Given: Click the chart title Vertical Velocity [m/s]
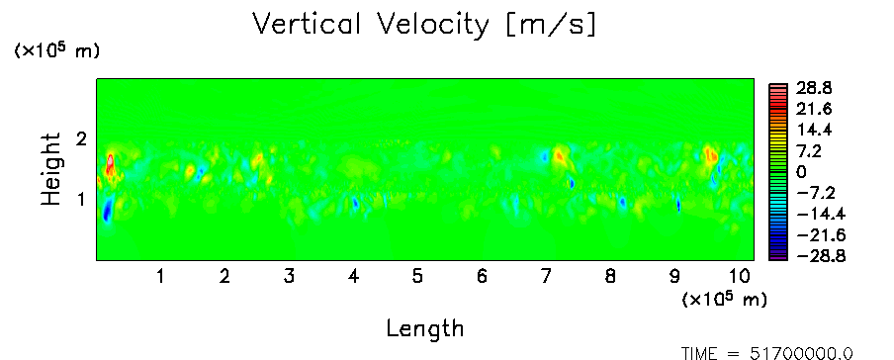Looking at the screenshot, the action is tap(424, 25).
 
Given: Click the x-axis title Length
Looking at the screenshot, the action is tap(425, 329).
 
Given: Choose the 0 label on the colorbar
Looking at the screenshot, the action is tap(801, 172).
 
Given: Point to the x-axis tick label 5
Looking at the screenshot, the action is tap(417, 277).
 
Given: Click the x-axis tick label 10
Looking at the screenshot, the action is tap(739, 277).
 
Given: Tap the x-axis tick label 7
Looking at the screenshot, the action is tap(546, 277).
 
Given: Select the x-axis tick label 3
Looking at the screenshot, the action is tap(289, 277).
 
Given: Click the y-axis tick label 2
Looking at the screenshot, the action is tap(81, 138).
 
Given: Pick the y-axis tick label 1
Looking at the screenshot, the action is tap(81, 200).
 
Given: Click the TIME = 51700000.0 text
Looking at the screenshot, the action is tap(767, 354).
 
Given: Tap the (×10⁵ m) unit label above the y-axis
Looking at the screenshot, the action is tap(55, 50).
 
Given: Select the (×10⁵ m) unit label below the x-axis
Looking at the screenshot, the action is tap(724, 299).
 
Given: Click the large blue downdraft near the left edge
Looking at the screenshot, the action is tap(107, 210).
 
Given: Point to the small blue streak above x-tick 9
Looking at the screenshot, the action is tap(678, 205).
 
